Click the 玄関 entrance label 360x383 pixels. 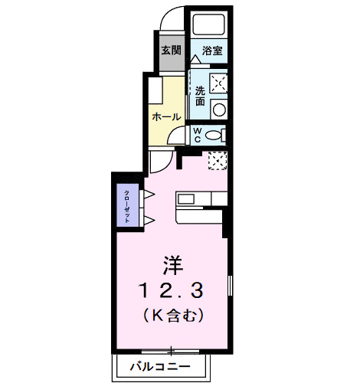point(171,51)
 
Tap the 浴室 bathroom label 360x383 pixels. point(212,51)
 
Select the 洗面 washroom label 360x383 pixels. point(199,95)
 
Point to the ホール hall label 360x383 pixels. point(166,117)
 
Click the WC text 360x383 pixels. point(197,136)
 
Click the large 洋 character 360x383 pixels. point(172,263)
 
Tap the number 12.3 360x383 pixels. point(172,289)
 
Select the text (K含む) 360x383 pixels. point(172,313)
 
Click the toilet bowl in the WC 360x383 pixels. point(215,136)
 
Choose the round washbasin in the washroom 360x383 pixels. point(219,110)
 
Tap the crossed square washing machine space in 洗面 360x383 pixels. point(218,80)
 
